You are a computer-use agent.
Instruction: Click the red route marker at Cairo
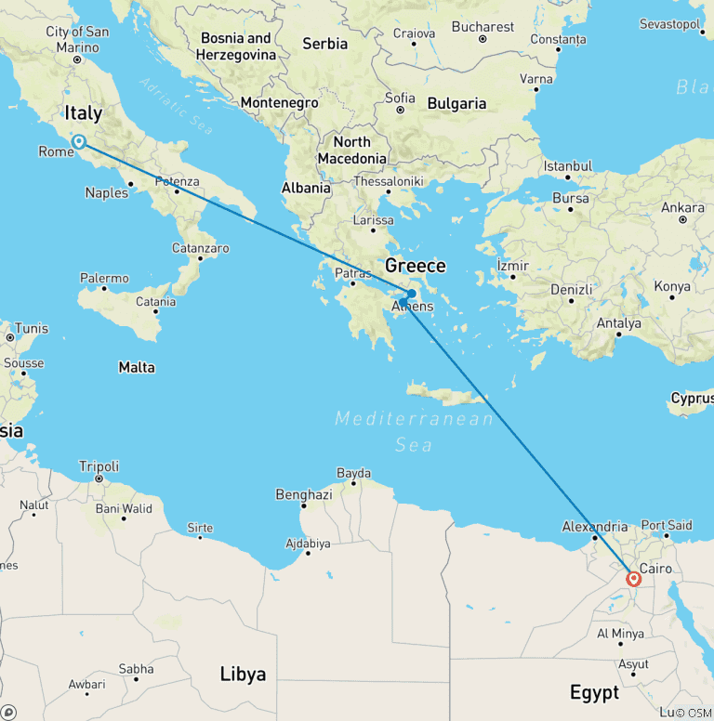(634, 579)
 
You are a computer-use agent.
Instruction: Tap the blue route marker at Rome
(80, 142)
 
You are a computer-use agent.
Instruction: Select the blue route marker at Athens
(411, 294)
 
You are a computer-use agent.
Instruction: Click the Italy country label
(83, 114)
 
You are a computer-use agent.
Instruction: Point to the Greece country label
(416, 266)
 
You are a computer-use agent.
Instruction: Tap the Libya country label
(243, 674)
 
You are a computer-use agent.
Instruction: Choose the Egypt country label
(594, 692)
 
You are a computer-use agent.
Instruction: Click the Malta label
(137, 368)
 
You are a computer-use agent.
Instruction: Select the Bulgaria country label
(456, 104)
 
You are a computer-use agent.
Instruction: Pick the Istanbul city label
(568, 166)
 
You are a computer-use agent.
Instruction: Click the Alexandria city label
(595, 526)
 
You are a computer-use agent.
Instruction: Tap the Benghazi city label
(304, 495)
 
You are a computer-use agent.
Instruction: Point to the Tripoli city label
(99, 466)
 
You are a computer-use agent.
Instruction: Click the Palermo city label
(104, 278)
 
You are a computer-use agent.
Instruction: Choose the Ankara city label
(682, 207)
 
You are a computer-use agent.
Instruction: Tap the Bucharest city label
(483, 27)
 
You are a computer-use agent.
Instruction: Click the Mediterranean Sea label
(415, 432)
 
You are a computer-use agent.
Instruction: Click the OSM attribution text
(694, 713)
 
